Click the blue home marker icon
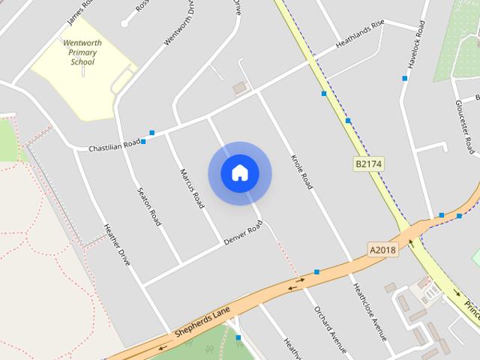pyautogui.click(x=239, y=173)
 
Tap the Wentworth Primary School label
pyautogui.click(x=82, y=52)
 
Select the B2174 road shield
pyautogui.click(x=367, y=163)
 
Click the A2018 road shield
pyautogui.click(x=381, y=248)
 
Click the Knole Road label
pyautogui.click(x=299, y=172)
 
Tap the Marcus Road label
pyautogui.click(x=192, y=188)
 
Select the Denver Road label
pyautogui.click(x=243, y=233)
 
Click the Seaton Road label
pyautogui.click(x=148, y=206)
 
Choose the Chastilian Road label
pyautogui.click(x=114, y=145)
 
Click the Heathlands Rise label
pyautogui.click(x=360, y=34)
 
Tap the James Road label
pyautogui.click(x=78, y=10)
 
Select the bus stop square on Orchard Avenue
pyautogui.click(x=316, y=272)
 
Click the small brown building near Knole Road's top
pyautogui.click(x=240, y=88)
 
